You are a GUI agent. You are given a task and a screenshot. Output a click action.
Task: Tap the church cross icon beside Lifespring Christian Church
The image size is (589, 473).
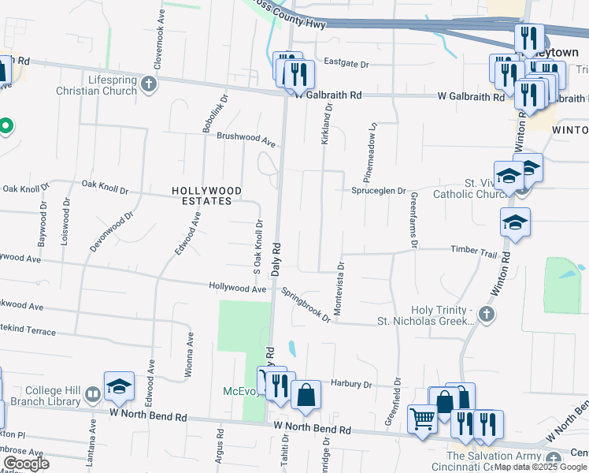(149, 82)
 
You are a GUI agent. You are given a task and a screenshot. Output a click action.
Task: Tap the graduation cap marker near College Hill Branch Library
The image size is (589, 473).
(119, 387)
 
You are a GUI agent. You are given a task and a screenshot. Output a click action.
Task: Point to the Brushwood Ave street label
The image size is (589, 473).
(246, 139)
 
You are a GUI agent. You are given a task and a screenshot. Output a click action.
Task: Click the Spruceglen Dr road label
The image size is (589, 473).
(379, 191)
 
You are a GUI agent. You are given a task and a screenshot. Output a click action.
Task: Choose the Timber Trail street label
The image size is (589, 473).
(473, 250)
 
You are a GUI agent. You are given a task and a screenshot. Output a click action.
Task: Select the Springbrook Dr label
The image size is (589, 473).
(307, 304)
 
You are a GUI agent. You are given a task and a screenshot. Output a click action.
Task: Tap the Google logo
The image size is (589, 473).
(25, 463)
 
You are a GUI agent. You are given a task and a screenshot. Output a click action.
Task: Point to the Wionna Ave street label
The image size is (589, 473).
(190, 352)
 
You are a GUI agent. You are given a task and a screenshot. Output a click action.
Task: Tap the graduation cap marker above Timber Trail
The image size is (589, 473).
(515, 224)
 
